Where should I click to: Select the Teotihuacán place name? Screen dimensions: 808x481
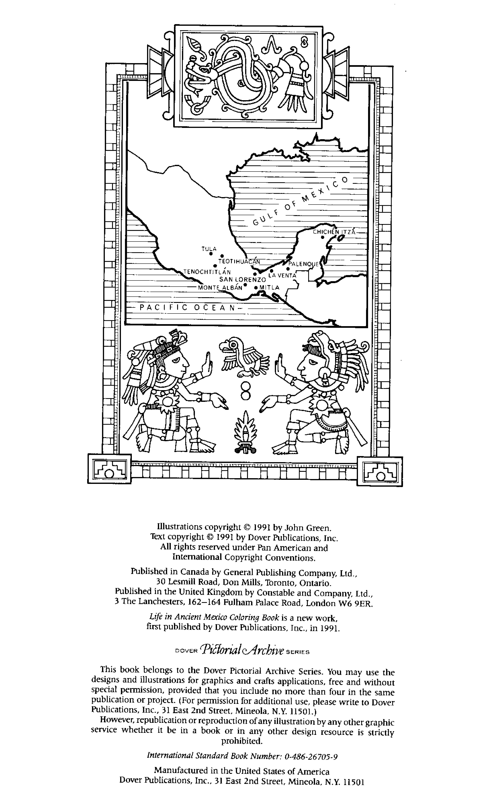[239, 261]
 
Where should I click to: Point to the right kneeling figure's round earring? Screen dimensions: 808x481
[323, 375]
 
